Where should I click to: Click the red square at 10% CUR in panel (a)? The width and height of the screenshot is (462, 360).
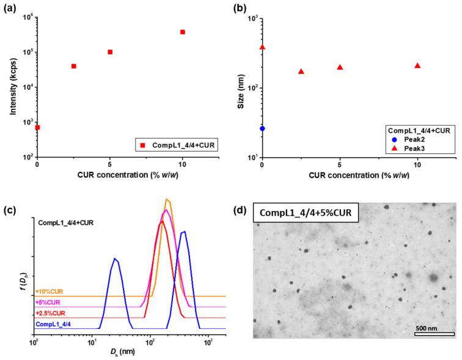tap(183, 32)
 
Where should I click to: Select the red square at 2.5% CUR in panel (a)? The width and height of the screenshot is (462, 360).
tap(74, 66)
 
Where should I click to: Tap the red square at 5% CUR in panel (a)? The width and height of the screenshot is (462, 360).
tap(110, 52)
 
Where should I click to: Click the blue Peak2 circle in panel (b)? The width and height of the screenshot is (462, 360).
tap(262, 128)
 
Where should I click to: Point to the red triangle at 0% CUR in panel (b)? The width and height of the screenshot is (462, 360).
tap(262, 46)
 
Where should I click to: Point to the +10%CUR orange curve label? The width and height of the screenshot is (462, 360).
tap(50, 292)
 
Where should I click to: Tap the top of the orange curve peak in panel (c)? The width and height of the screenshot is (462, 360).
tap(167, 199)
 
